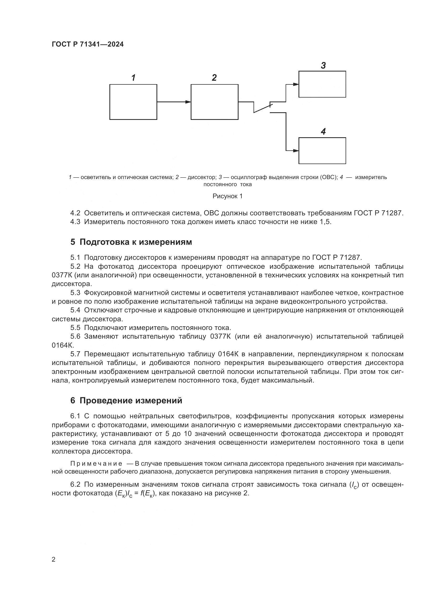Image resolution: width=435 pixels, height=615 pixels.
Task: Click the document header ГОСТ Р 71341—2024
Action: coord(88,44)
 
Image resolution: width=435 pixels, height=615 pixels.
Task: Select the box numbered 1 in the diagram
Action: coord(133,102)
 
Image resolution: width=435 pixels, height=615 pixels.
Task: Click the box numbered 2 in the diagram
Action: coord(214,102)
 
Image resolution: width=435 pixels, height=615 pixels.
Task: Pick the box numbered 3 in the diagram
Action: coord(322,84)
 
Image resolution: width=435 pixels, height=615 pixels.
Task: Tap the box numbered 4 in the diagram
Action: coord(322,151)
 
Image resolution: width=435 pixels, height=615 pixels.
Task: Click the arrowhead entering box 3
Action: coord(296,84)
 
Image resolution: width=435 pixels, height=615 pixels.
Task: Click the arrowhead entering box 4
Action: coord(296,151)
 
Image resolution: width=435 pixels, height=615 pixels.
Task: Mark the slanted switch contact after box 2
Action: coord(263,108)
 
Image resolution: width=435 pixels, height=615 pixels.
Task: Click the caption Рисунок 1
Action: coord(227,196)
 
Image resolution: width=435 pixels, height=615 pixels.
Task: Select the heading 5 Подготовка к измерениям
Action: coord(131,242)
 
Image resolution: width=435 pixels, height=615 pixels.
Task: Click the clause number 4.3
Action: coord(75,222)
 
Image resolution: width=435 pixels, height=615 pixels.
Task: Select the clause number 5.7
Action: coord(75,354)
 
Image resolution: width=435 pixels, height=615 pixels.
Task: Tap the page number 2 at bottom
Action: coord(54,560)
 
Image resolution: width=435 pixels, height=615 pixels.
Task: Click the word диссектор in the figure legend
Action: coord(201,177)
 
